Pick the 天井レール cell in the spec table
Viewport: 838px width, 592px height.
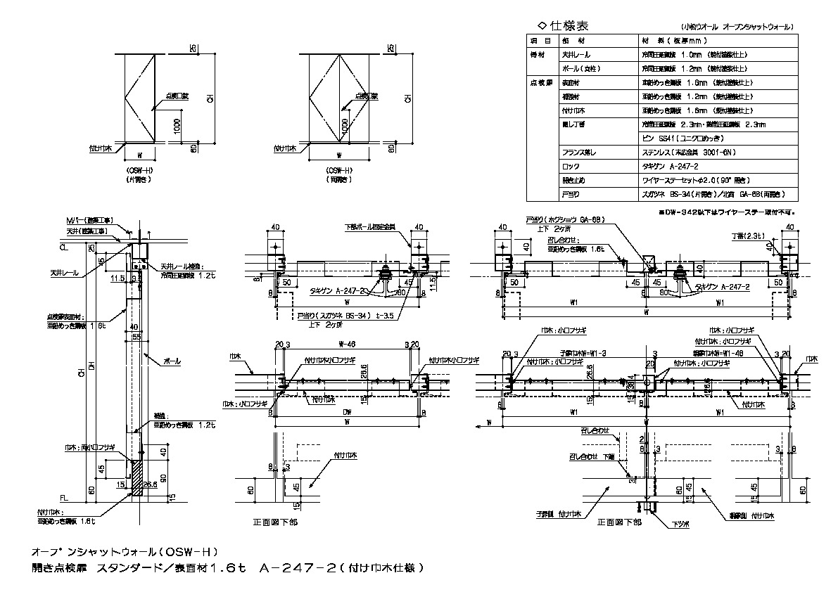(x=576, y=54)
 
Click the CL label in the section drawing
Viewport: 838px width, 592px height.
(x=63, y=247)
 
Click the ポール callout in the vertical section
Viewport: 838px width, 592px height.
(x=172, y=361)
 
